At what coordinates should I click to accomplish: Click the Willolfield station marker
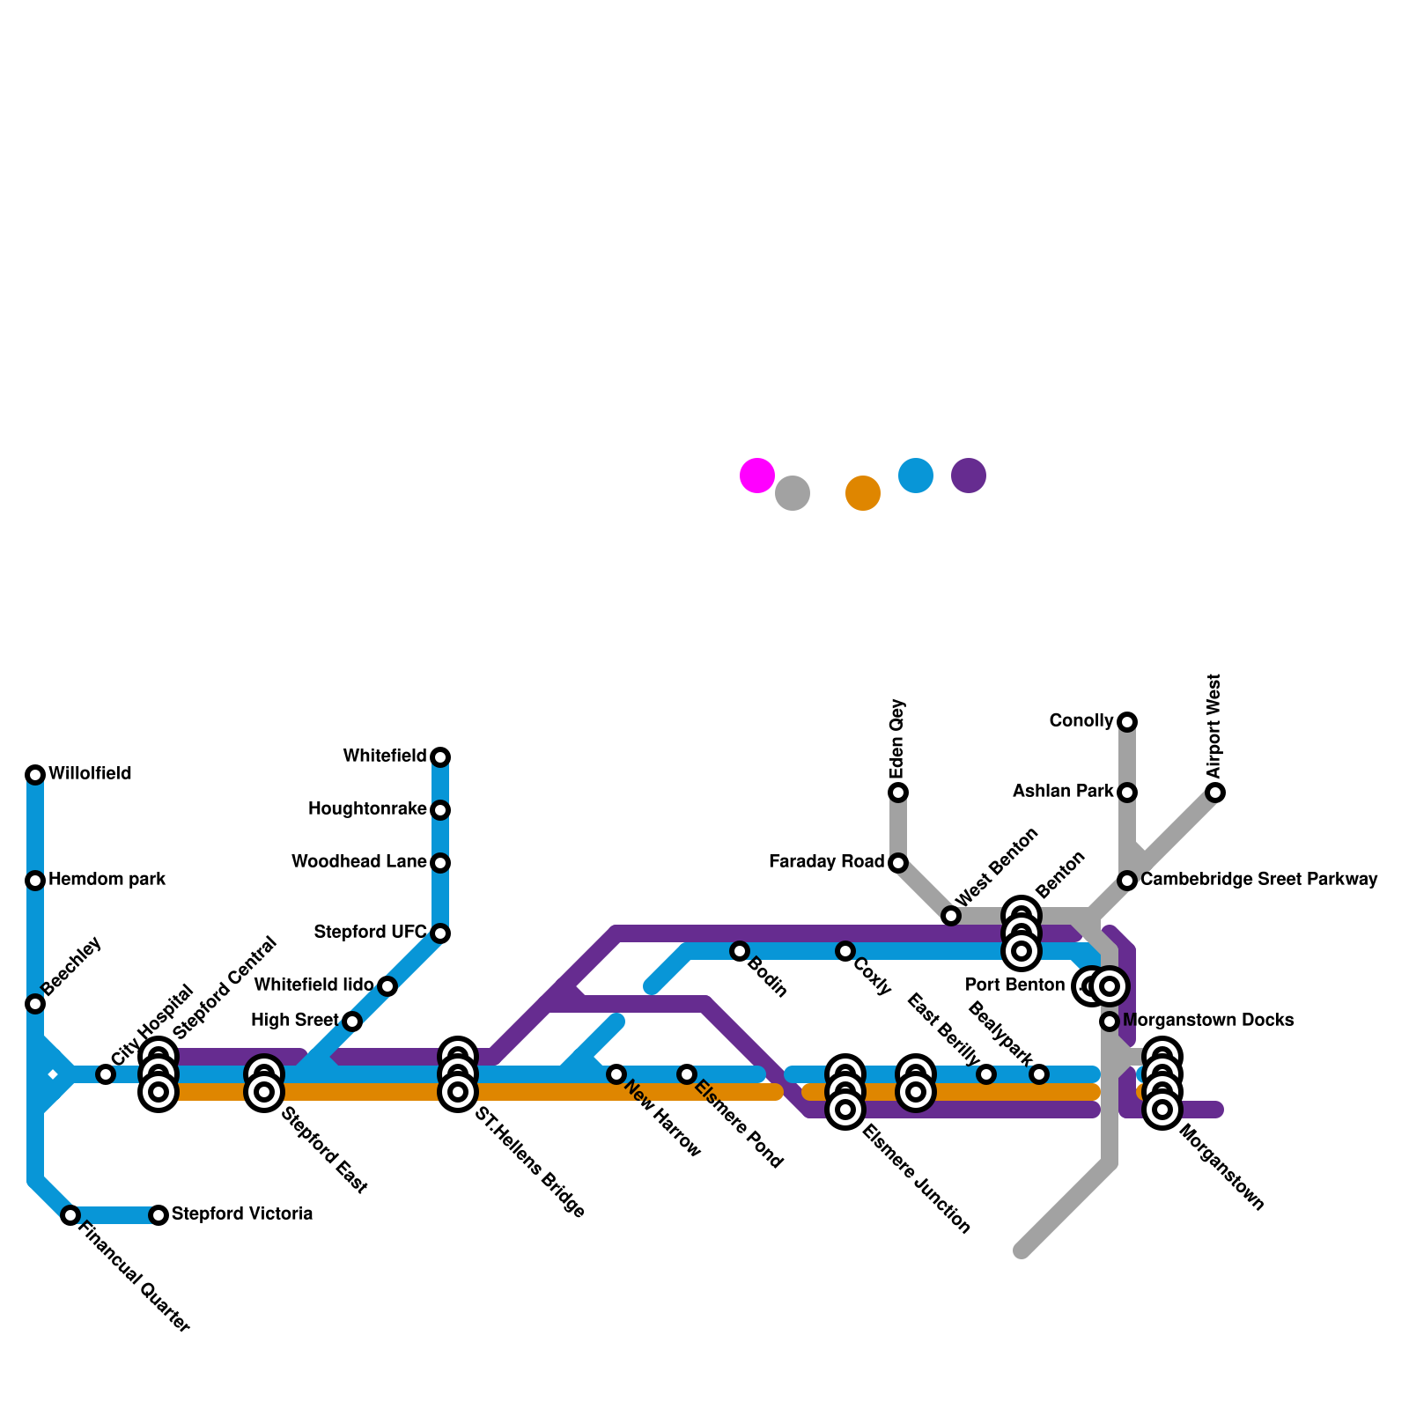[35, 775]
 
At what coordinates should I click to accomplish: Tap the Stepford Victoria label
[241, 1214]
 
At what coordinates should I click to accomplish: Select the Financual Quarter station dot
[70, 1215]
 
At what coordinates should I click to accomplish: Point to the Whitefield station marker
[440, 757]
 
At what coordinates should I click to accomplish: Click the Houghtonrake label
[366, 809]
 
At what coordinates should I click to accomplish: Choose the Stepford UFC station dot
[440, 933]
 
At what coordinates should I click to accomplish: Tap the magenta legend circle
[757, 476]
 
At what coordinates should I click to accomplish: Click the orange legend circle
[863, 493]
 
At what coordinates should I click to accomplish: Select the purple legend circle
[969, 476]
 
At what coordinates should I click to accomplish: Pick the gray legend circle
[793, 493]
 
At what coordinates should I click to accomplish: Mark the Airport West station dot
[1215, 793]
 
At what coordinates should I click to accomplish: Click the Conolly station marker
[1127, 722]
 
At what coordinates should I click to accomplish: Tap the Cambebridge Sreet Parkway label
[1258, 880]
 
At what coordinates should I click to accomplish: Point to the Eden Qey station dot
[898, 793]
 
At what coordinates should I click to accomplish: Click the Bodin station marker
[740, 951]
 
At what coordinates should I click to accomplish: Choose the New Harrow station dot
[616, 1074]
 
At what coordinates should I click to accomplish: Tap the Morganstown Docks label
[1207, 1021]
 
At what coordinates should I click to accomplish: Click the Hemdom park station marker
[35, 881]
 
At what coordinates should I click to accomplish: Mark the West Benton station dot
[951, 916]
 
